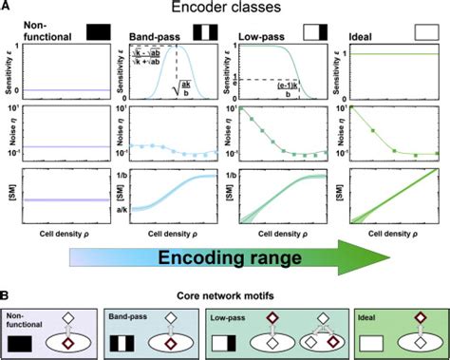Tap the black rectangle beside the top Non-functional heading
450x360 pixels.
pyautogui.click(x=96, y=32)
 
